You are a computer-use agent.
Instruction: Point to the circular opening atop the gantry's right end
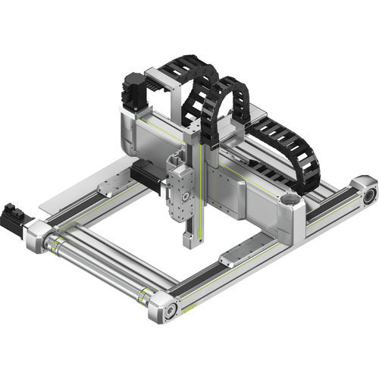click(289, 202)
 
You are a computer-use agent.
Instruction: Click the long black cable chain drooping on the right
click(292, 152)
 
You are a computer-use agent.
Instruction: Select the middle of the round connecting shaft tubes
click(99, 269)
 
